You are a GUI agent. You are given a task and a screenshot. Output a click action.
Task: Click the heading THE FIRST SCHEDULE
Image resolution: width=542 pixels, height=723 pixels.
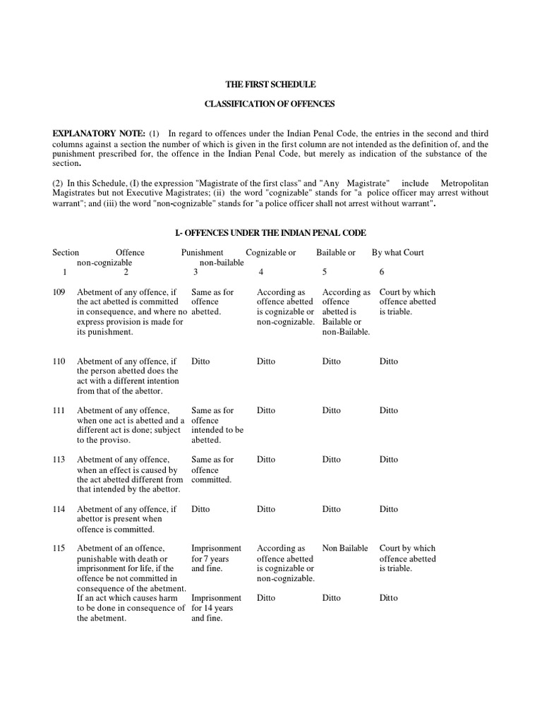pos(270,84)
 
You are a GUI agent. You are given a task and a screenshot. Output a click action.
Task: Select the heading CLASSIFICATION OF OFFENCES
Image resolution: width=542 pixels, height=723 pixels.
pos(270,104)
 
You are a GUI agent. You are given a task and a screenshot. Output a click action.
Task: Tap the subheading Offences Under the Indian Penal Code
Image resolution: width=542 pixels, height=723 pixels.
pos(270,233)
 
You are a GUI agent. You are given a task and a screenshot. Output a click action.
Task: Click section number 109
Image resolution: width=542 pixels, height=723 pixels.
pos(59,292)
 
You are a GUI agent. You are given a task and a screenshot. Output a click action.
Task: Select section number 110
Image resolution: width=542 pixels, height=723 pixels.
pos(59,361)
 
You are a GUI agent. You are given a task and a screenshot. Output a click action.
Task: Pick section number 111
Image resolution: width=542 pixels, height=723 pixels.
pos(59,410)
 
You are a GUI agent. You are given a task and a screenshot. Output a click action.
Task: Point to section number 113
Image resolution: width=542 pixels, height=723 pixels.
pos(59,460)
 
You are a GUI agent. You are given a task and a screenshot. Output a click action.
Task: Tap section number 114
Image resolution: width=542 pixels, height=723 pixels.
pos(59,509)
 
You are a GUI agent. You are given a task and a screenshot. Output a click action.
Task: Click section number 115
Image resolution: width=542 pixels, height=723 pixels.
pos(59,549)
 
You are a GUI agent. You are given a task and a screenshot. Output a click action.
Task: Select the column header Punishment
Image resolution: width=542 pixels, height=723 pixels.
pos(202,253)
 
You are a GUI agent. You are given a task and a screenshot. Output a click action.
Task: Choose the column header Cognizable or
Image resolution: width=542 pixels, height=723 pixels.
pos(271,253)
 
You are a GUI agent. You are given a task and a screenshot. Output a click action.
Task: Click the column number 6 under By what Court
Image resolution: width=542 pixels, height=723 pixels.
pos(382,272)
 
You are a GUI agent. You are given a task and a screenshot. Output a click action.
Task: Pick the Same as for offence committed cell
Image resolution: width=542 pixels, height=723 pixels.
pos(212,470)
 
